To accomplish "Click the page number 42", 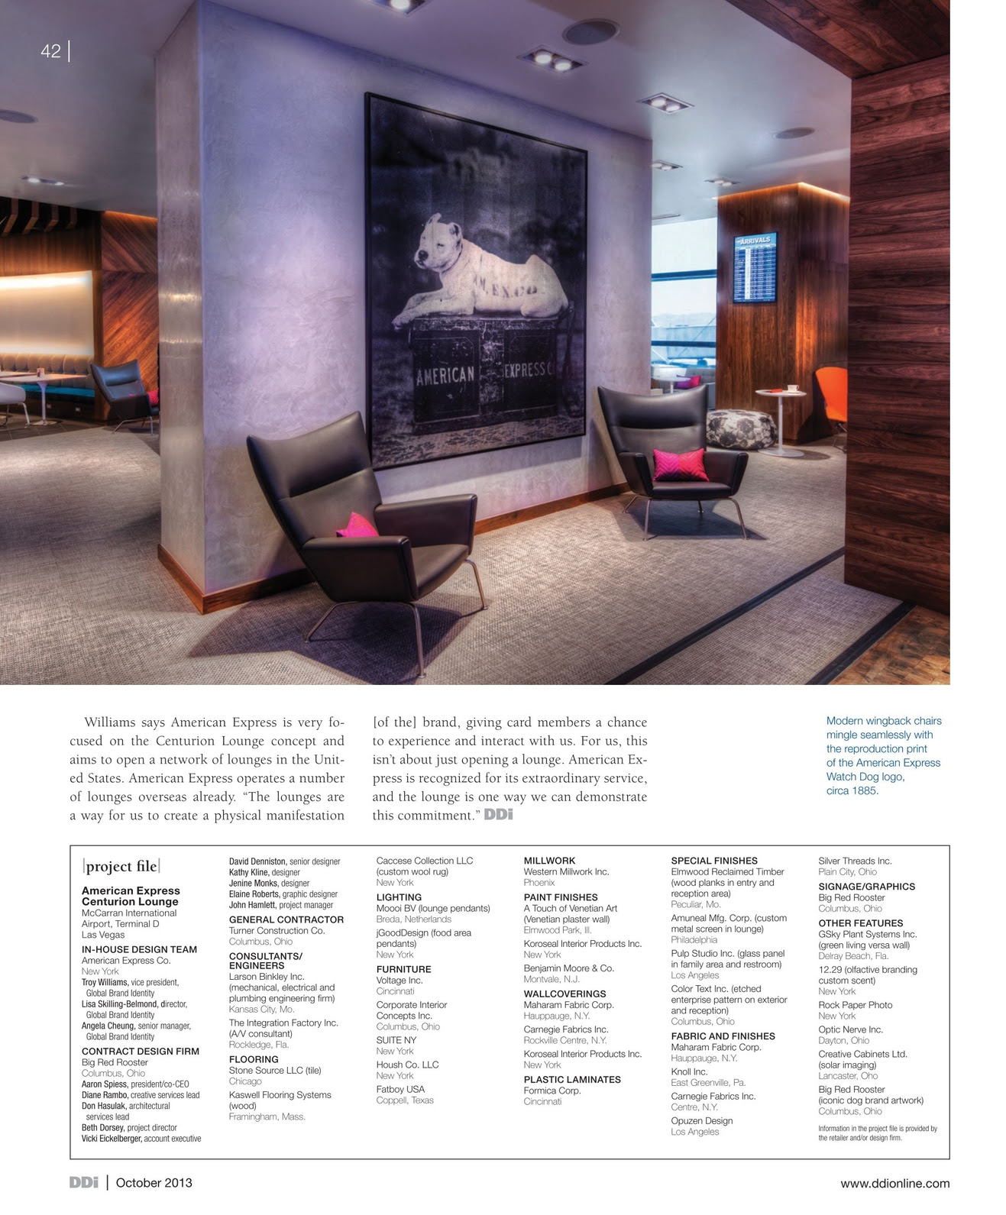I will [50, 51].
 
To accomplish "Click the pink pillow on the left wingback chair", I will [357, 525].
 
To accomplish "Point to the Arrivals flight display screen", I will [754, 267].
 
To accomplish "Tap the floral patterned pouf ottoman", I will [741, 428].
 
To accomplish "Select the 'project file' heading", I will [121, 866].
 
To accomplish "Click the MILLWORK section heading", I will [549, 861].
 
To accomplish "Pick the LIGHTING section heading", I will [399, 897].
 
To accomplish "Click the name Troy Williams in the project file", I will [105, 983].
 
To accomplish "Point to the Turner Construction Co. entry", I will [277, 931].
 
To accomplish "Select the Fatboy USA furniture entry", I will [400, 1090].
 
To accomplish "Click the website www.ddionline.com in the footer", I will [894, 1184].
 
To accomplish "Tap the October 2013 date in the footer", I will [154, 1183].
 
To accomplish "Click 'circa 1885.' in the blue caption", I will [852, 791].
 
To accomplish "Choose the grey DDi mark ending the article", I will [498, 815].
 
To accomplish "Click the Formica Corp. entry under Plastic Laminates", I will [552, 1091].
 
